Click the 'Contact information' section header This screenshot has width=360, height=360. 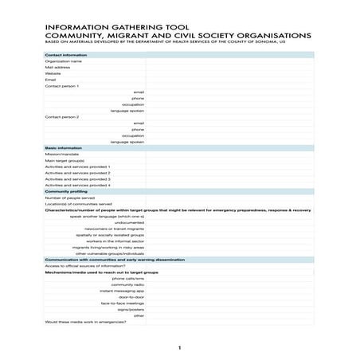coord(66,55)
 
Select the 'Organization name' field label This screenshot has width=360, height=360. coord(64,61)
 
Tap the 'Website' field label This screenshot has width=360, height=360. coord(53,73)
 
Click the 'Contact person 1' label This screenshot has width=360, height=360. coord(62,86)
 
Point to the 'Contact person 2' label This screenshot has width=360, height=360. coord(62,117)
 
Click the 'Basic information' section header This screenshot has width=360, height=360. coord(63,148)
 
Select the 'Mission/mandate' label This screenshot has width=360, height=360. coord(61,155)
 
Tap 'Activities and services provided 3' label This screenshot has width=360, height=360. coord(77,179)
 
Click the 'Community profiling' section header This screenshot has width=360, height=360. coord(66,192)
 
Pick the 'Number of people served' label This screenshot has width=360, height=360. coord(69,198)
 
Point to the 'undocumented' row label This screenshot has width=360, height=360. coord(128,222)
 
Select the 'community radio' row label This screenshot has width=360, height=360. coord(127,284)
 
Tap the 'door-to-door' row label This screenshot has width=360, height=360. coord(131,297)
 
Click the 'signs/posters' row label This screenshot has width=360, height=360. coord(130,309)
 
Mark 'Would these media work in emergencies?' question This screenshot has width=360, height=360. coord(85,322)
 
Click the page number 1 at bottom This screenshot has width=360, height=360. coord(180,347)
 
